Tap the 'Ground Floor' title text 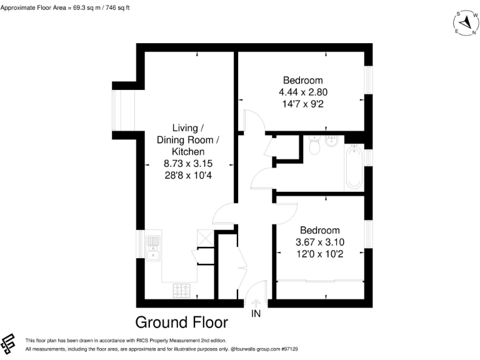pyautogui.click(x=182, y=322)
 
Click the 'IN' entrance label pyautogui.click(x=256, y=313)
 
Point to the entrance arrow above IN pyautogui.click(x=256, y=302)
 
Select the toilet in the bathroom pyautogui.click(x=314, y=146)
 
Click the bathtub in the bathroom pyautogui.click(x=354, y=167)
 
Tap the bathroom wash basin pyautogui.click(x=331, y=139)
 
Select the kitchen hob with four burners pyautogui.click(x=182, y=290)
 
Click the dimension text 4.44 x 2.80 pyautogui.click(x=303, y=92)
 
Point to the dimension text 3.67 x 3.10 pyautogui.click(x=319, y=242)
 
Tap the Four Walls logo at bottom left pyautogui.click(x=9, y=343)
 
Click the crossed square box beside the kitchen pyautogui.click(x=204, y=237)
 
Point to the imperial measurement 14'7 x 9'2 pyautogui.click(x=303, y=104)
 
